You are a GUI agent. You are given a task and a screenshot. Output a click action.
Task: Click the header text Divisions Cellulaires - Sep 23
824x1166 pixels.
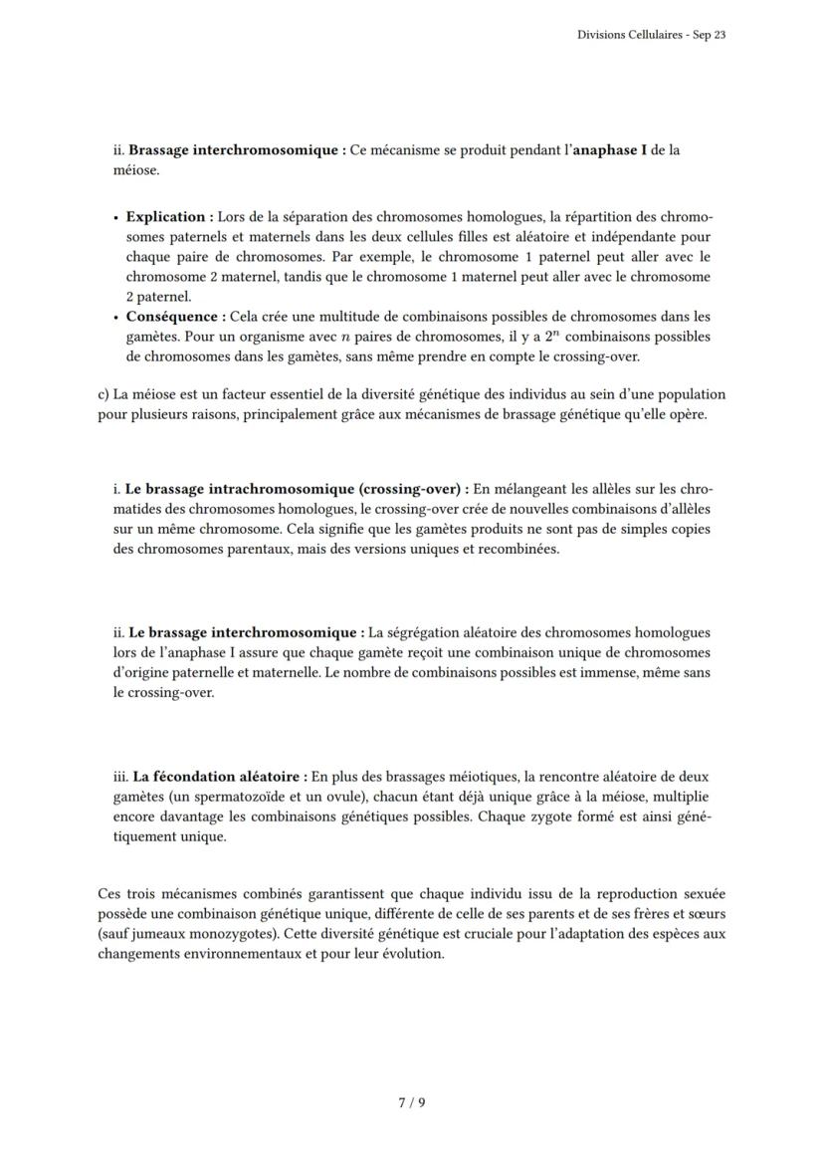(x=651, y=35)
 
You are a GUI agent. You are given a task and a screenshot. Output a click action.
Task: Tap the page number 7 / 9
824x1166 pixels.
(x=412, y=1102)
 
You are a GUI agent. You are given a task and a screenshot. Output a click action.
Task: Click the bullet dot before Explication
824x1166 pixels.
(x=116, y=217)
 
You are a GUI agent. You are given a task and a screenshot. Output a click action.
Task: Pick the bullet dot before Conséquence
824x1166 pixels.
(x=116, y=318)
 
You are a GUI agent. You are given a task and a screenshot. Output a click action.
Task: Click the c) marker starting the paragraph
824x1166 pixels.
(x=103, y=394)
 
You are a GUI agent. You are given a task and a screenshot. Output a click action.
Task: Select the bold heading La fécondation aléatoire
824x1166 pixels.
(x=219, y=776)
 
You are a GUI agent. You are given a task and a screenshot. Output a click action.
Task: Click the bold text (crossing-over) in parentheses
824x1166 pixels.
(x=413, y=489)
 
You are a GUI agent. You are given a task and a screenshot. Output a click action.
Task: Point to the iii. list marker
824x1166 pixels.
(x=120, y=776)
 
